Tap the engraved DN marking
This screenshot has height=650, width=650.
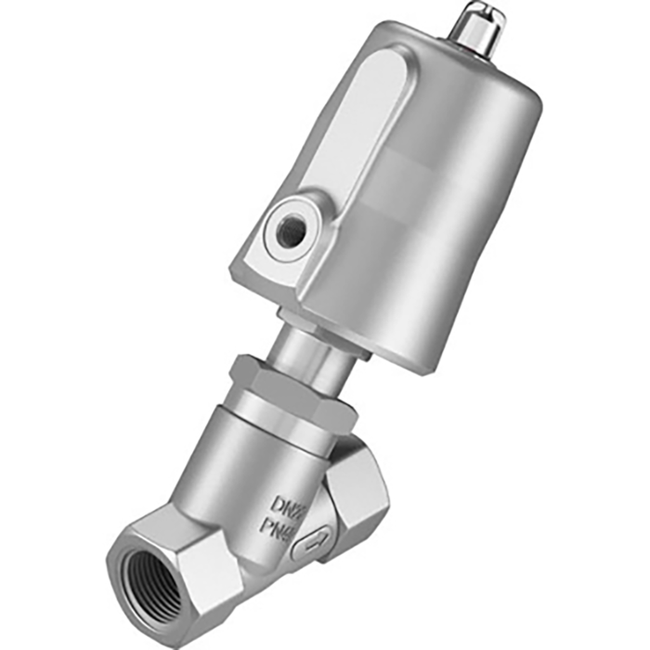click(x=286, y=505)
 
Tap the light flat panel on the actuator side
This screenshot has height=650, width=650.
click(x=335, y=149)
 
